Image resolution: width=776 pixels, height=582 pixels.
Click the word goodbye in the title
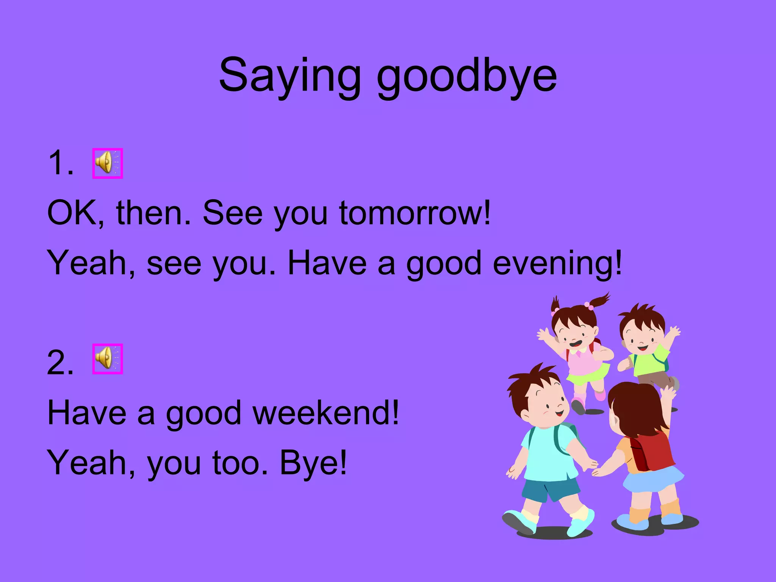point(466,76)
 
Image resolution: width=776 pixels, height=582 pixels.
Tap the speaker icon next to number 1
point(108,163)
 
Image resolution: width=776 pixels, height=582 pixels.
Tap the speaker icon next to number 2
point(108,359)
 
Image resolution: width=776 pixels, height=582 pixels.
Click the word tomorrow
point(415,213)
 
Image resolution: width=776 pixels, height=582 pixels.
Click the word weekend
point(325,413)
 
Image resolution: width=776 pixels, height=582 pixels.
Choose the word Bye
point(313,463)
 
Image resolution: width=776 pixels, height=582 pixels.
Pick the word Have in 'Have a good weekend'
point(87,413)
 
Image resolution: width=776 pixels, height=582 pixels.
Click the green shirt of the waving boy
point(649,360)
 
